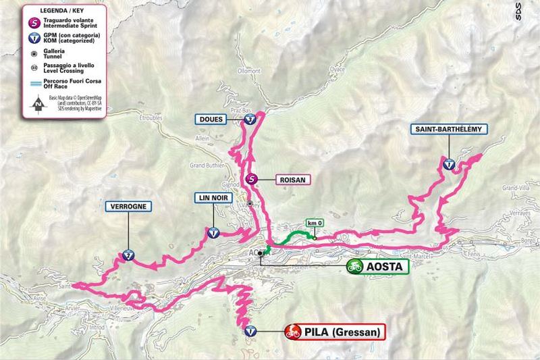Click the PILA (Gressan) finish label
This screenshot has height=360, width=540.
[334, 332]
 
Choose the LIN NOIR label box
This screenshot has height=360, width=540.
[213, 198]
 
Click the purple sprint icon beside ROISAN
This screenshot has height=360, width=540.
[252, 180]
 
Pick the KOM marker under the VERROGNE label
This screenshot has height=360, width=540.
[126, 255]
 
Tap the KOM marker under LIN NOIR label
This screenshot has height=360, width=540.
[213, 234]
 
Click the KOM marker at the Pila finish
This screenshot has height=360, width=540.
[250, 331]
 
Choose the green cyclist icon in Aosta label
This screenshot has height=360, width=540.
[355, 267]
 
